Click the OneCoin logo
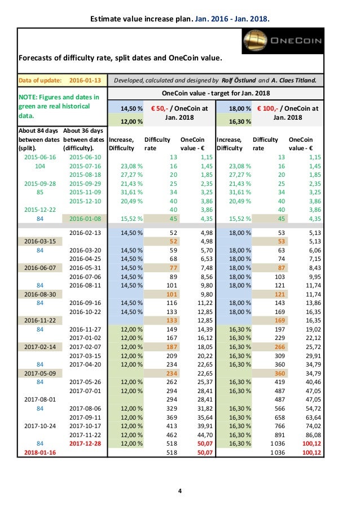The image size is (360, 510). (x=282, y=41)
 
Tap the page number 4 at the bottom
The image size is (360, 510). (x=179, y=490)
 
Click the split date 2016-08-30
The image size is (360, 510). (x=40, y=294)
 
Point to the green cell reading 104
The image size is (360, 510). (x=40, y=167)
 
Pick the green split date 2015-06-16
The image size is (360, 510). (x=40, y=156)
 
